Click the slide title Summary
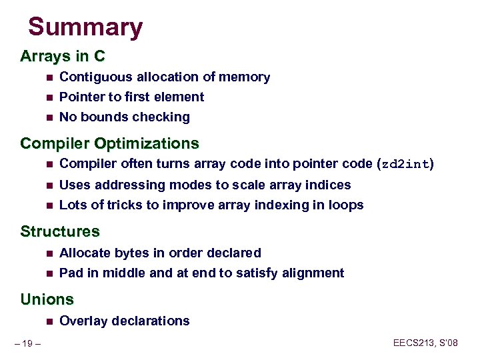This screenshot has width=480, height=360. [85, 27]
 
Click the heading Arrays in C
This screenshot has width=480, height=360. [63, 56]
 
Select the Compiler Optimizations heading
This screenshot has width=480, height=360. [109, 143]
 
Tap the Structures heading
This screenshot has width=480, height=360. [60, 231]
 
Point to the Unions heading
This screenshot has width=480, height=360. [47, 299]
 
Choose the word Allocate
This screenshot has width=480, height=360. [83, 253]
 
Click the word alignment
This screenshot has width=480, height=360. [315, 273]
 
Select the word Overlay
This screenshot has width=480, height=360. [81, 321]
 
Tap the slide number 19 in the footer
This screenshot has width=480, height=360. [28, 343]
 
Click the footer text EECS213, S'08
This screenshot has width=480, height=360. [425, 343]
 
